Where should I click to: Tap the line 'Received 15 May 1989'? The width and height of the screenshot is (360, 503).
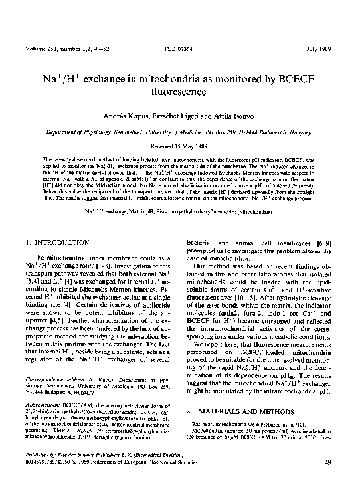(x=180, y=144)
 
